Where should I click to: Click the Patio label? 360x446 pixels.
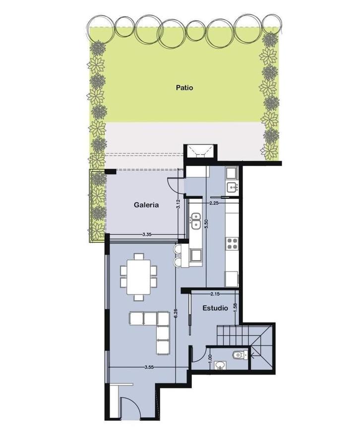184,88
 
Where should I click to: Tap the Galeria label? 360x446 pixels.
146,205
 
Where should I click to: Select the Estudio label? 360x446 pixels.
215,308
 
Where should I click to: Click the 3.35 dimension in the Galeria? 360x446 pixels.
147,235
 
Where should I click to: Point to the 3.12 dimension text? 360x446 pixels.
179,204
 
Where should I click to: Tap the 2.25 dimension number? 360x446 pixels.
214,203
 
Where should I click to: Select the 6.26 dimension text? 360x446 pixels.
176,313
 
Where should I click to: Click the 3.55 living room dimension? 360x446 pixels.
149,367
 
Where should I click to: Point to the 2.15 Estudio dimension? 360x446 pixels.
215,294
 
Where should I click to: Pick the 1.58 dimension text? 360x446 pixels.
236,308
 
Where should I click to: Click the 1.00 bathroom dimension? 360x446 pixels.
210,358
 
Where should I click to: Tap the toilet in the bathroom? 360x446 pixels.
240,355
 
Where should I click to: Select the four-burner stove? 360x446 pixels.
232,244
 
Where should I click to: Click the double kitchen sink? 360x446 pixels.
195,221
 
